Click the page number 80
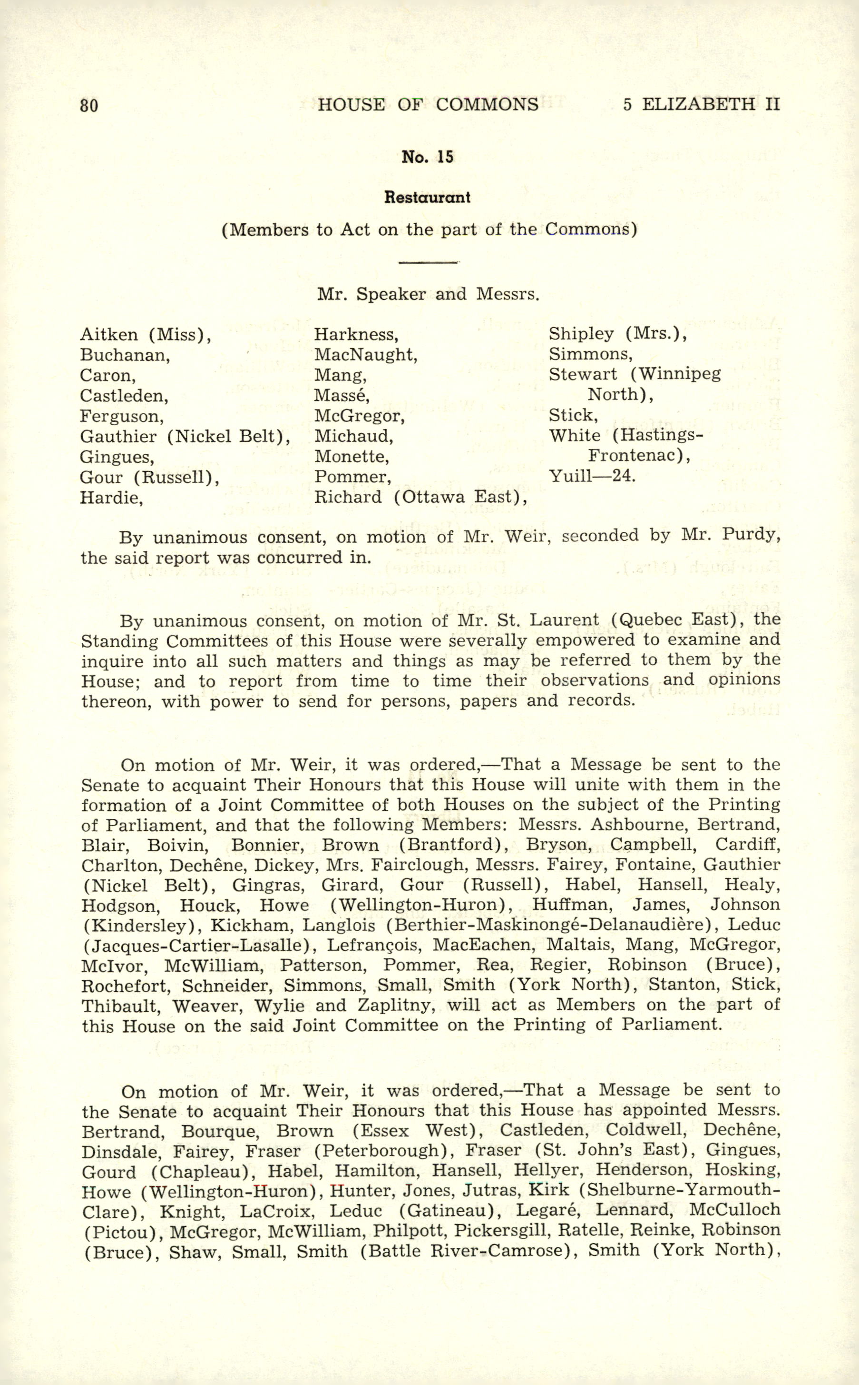(89, 105)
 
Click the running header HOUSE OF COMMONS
(428, 104)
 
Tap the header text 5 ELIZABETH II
(701, 104)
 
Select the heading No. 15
(427, 157)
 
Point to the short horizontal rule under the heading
(429, 262)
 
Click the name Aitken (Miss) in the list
(146, 334)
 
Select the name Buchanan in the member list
(125, 355)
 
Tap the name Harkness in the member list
(356, 334)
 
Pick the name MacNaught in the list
(366, 355)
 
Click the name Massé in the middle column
(342, 395)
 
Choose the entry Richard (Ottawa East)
(420, 497)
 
